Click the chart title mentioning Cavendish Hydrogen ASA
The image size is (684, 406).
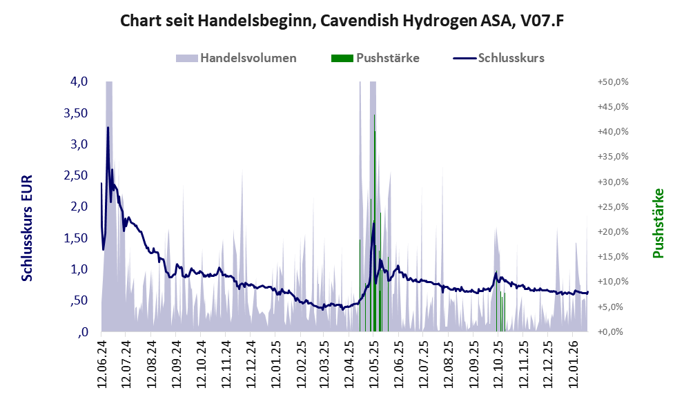click(x=342, y=21)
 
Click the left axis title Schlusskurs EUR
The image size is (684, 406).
click(x=28, y=227)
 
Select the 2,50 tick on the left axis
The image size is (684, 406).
click(x=75, y=175)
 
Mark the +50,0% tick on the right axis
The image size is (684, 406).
click(x=612, y=81)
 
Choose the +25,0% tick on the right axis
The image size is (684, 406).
click(x=612, y=206)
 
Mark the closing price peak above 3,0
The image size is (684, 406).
click(x=108, y=128)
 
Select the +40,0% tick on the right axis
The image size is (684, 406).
click(x=612, y=131)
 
